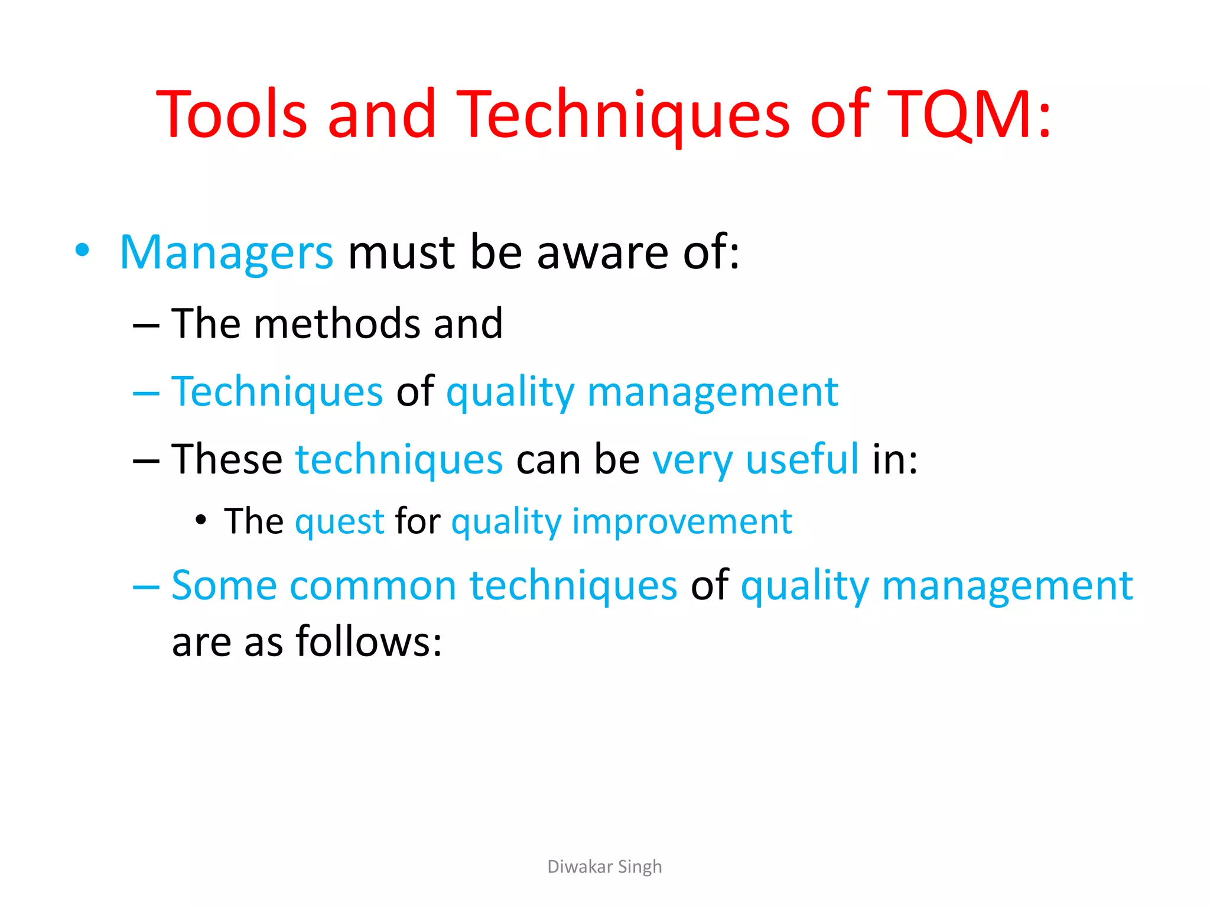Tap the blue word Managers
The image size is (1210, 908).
[x=226, y=253]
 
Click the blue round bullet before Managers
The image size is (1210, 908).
[x=83, y=250]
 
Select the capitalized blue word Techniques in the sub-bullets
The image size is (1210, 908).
[x=277, y=392]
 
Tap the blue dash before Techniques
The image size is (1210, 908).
[x=146, y=393]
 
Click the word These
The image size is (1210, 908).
[x=227, y=459]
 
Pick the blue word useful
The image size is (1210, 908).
[x=802, y=459]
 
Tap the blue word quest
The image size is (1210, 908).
[x=340, y=523]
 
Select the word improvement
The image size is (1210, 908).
[x=682, y=523]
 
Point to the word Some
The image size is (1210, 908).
[x=224, y=586]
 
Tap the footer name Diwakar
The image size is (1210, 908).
[x=580, y=867]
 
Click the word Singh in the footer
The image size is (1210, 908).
[x=640, y=867]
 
